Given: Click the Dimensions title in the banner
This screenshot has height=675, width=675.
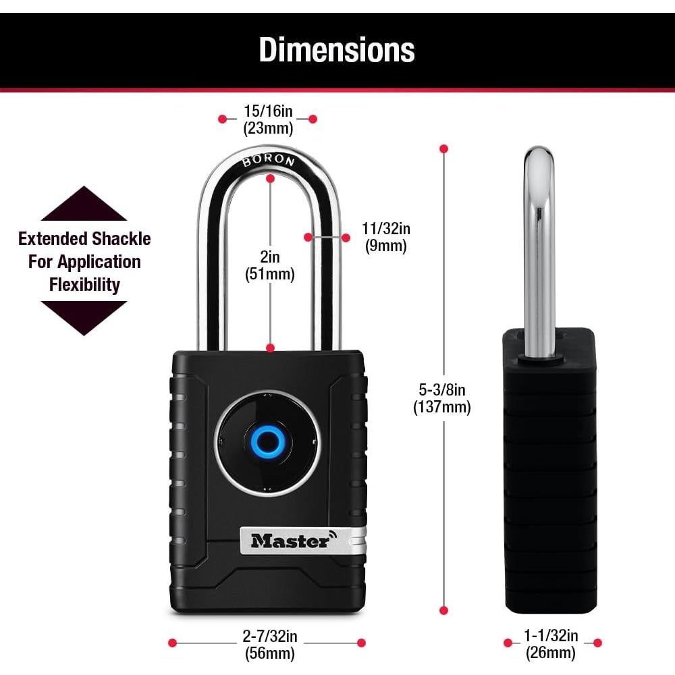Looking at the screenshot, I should (x=337, y=49).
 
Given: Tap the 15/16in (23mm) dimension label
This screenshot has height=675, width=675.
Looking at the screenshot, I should (x=268, y=119).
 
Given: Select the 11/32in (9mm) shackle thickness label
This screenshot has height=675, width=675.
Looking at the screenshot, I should (x=385, y=237).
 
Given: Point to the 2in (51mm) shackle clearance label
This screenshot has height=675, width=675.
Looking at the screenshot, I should (x=269, y=265).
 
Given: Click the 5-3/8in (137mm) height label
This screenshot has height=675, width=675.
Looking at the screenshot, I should (x=442, y=398).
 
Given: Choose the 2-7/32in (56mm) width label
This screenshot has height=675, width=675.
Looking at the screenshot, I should (x=269, y=644).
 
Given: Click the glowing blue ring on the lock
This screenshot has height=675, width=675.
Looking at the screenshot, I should (x=268, y=443).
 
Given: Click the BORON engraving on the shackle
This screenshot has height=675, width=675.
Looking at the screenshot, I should (x=268, y=160).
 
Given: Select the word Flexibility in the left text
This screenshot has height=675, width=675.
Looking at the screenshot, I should (x=84, y=284).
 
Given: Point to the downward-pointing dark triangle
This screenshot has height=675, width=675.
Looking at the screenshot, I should (x=84, y=317).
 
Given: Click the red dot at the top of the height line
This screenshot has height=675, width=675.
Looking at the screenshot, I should (x=443, y=148).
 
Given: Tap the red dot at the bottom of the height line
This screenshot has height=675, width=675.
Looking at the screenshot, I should (x=443, y=610).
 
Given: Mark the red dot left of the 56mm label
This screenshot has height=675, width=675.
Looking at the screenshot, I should (x=172, y=643).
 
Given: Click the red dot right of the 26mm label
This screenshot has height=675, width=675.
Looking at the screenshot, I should (x=597, y=643).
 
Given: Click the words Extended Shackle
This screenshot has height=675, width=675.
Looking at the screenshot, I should (x=84, y=238).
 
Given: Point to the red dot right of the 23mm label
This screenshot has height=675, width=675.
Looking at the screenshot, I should (x=313, y=119).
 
